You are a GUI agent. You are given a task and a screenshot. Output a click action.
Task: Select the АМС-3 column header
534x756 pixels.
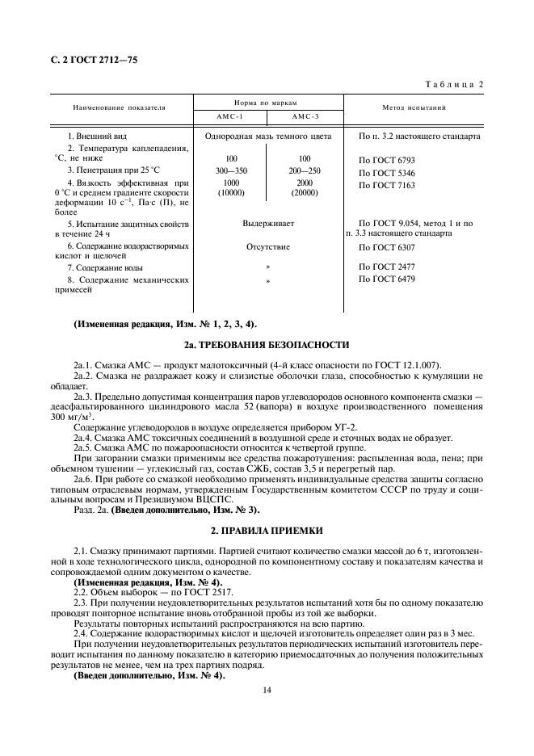pyautogui.click(x=305, y=116)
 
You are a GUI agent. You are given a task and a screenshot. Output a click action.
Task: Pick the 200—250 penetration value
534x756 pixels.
pyautogui.click(x=305, y=172)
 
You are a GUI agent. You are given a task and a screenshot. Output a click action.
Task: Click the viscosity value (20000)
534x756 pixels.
pyautogui.click(x=305, y=194)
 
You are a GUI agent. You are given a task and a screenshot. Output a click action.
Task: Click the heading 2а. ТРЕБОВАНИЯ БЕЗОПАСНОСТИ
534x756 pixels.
pyautogui.click(x=267, y=345)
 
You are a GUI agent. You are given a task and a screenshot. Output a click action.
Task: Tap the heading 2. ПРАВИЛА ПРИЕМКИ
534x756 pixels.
pyautogui.click(x=267, y=530)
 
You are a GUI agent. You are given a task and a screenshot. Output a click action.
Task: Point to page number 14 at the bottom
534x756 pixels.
pyautogui.click(x=267, y=691)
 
